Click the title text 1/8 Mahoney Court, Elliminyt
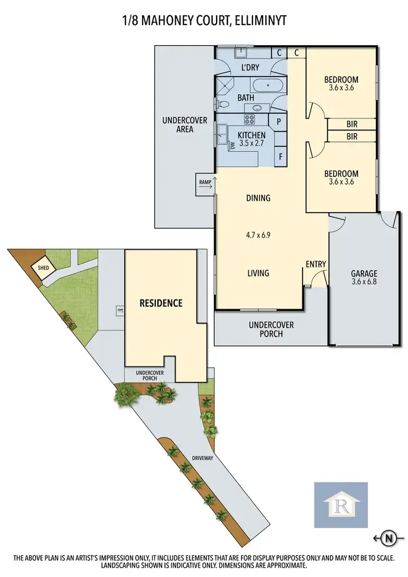click(x=204, y=21)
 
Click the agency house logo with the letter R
click(x=341, y=504)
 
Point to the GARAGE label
click(x=364, y=274)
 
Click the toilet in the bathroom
click(x=224, y=103)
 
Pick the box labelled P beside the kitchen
click(x=279, y=122)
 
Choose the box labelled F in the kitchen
click(x=281, y=156)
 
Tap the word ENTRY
click(x=316, y=264)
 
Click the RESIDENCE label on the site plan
click(x=160, y=303)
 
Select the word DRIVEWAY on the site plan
click(x=202, y=458)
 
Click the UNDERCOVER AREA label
click(x=185, y=125)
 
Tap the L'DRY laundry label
click(x=250, y=68)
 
